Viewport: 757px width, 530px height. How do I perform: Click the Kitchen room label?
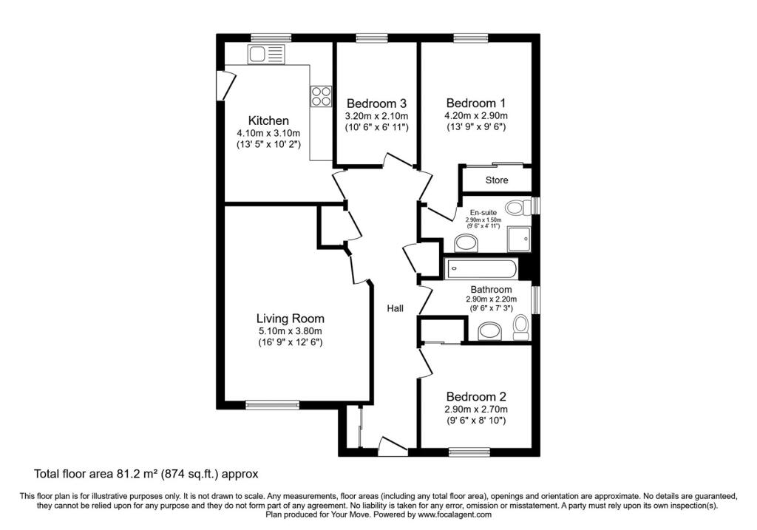pyautogui.click(x=268, y=120)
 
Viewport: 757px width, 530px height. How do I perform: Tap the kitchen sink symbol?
pyautogui.click(x=266, y=54)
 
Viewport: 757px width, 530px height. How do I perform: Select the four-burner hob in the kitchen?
pyautogui.click(x=322, y=95)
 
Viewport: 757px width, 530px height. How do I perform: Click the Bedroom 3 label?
pyautogui.click(x=376, y=103)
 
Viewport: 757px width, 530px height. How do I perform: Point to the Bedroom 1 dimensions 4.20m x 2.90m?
pyautogui.click(x=476, y=116)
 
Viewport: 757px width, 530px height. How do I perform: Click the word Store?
pyautogui.click(x=497, y=180)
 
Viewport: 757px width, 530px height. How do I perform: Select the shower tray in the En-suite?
pyautogui.click(x=519, y=239)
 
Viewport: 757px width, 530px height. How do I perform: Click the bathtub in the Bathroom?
pyautogui.click(x=482, y=268)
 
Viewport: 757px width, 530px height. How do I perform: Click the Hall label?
pyautogui.click(x=395, y=308)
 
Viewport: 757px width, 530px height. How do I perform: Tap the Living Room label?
pyautogui.click(x=290, y=319)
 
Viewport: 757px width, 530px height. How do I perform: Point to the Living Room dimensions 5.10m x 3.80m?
pyautogui.click(x=290, y=331)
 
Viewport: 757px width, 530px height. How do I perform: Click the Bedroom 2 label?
pyautogui.click(x=476, y=397)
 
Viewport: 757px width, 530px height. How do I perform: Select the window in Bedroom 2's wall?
pyautogui.click(x=469, y=452)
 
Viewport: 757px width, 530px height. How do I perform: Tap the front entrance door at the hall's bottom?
pyautogui.click(x=393, y=446)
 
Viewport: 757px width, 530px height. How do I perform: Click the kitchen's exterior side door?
pyautogui.click(x=225, y=86)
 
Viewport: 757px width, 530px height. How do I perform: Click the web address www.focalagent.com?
pyautogui.click(x=455, y=514)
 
